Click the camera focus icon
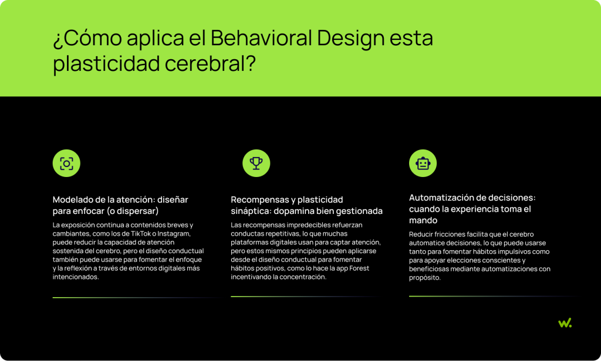point(66,164)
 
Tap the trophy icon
point(256,164)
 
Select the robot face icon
point(423,164)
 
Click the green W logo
point(565,323)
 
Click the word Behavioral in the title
point(261,38)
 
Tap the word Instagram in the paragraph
point(174,233)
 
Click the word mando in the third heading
point(423,220)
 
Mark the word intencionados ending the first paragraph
point(76,277)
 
